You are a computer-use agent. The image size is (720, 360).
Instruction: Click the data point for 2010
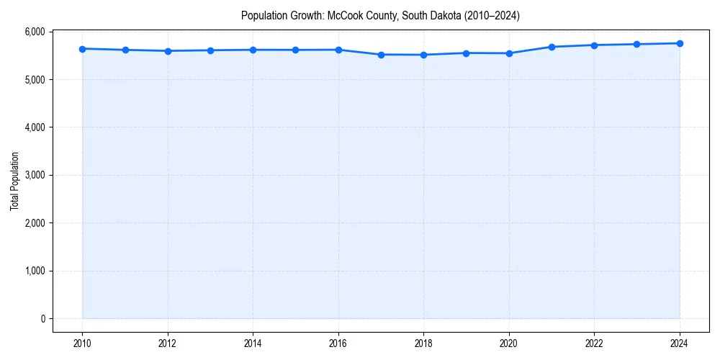click(83, 49)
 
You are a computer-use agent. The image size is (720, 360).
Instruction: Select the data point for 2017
click(381, 55)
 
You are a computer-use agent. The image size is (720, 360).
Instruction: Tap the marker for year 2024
click(680, 43)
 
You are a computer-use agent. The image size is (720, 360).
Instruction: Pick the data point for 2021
click(552, 47)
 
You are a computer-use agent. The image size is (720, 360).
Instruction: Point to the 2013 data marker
click(210, 50)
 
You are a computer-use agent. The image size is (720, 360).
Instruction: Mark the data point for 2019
click(467, 53)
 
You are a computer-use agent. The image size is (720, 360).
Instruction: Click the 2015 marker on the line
click(296, 50)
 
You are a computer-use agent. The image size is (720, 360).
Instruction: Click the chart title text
click(380, 15)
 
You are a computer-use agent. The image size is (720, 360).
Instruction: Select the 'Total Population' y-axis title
click(14, 181)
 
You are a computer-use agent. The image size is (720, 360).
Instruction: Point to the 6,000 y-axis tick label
click(34, 32)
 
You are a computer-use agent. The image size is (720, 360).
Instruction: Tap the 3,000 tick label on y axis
click(34, 175)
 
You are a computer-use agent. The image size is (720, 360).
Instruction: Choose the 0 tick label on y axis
click(42, 319)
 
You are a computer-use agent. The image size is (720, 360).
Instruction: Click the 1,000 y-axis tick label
click(34, 271)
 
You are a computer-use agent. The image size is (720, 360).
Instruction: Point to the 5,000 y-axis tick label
click(34, 79)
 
